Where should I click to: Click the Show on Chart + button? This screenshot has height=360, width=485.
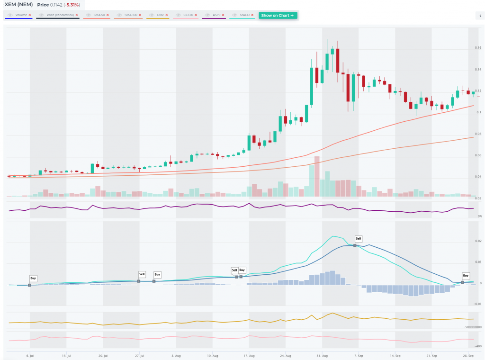coord(278,15)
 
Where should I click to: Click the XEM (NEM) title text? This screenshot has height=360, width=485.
coord(18,5)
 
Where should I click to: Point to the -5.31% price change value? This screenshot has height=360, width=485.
coord(70,5)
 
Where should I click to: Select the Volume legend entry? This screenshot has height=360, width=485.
coord(21,15)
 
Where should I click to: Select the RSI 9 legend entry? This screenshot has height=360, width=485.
coord(216,15)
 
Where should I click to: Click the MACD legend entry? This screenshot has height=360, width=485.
coord(244,15)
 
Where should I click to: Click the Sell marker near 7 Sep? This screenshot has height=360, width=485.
coord(358,239)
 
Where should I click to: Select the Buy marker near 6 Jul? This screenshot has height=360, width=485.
coord(33,279)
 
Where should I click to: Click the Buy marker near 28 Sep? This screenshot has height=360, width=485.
coord(466,275)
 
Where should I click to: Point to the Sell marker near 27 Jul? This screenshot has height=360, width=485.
coord(142,274)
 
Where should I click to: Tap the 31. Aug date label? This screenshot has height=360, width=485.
coord(322,355)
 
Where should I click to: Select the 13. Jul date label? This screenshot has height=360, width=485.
coord(66,355)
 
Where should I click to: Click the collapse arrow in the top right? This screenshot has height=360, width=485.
coord(480,16)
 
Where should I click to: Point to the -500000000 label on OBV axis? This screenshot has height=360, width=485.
coord(472,327)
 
